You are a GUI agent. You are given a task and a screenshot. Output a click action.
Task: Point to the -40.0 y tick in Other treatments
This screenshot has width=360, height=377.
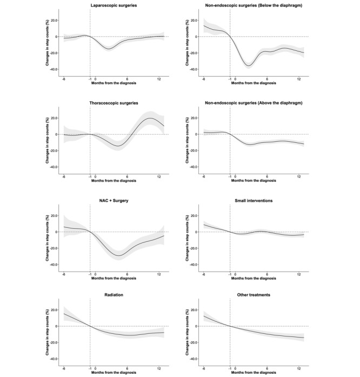(x=190, y=359)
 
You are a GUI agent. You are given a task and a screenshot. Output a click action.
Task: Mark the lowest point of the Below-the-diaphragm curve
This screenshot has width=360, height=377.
(x=248, y=66)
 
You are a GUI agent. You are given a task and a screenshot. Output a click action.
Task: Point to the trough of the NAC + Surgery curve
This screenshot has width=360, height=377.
(x=119, y=255)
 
